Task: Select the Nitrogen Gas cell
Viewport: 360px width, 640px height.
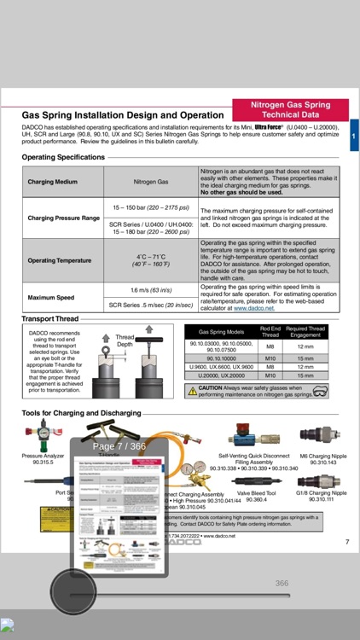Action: [x=151, y=182]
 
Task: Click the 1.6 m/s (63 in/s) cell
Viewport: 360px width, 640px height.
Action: [x=151, y=290]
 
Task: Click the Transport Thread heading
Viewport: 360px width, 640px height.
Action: [x=49, y=318]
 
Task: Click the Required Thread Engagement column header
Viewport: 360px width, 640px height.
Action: [x=305, y=332]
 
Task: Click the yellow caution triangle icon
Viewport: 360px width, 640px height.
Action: [x=193, y=391]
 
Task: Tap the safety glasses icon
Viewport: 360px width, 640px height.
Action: [x=320, y=391]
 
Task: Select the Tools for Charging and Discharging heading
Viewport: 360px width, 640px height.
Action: [x=82, y=413]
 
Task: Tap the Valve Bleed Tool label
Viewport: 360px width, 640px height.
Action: [x=256, y=493]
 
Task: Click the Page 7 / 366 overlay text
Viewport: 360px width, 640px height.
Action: [x=119, y=446]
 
